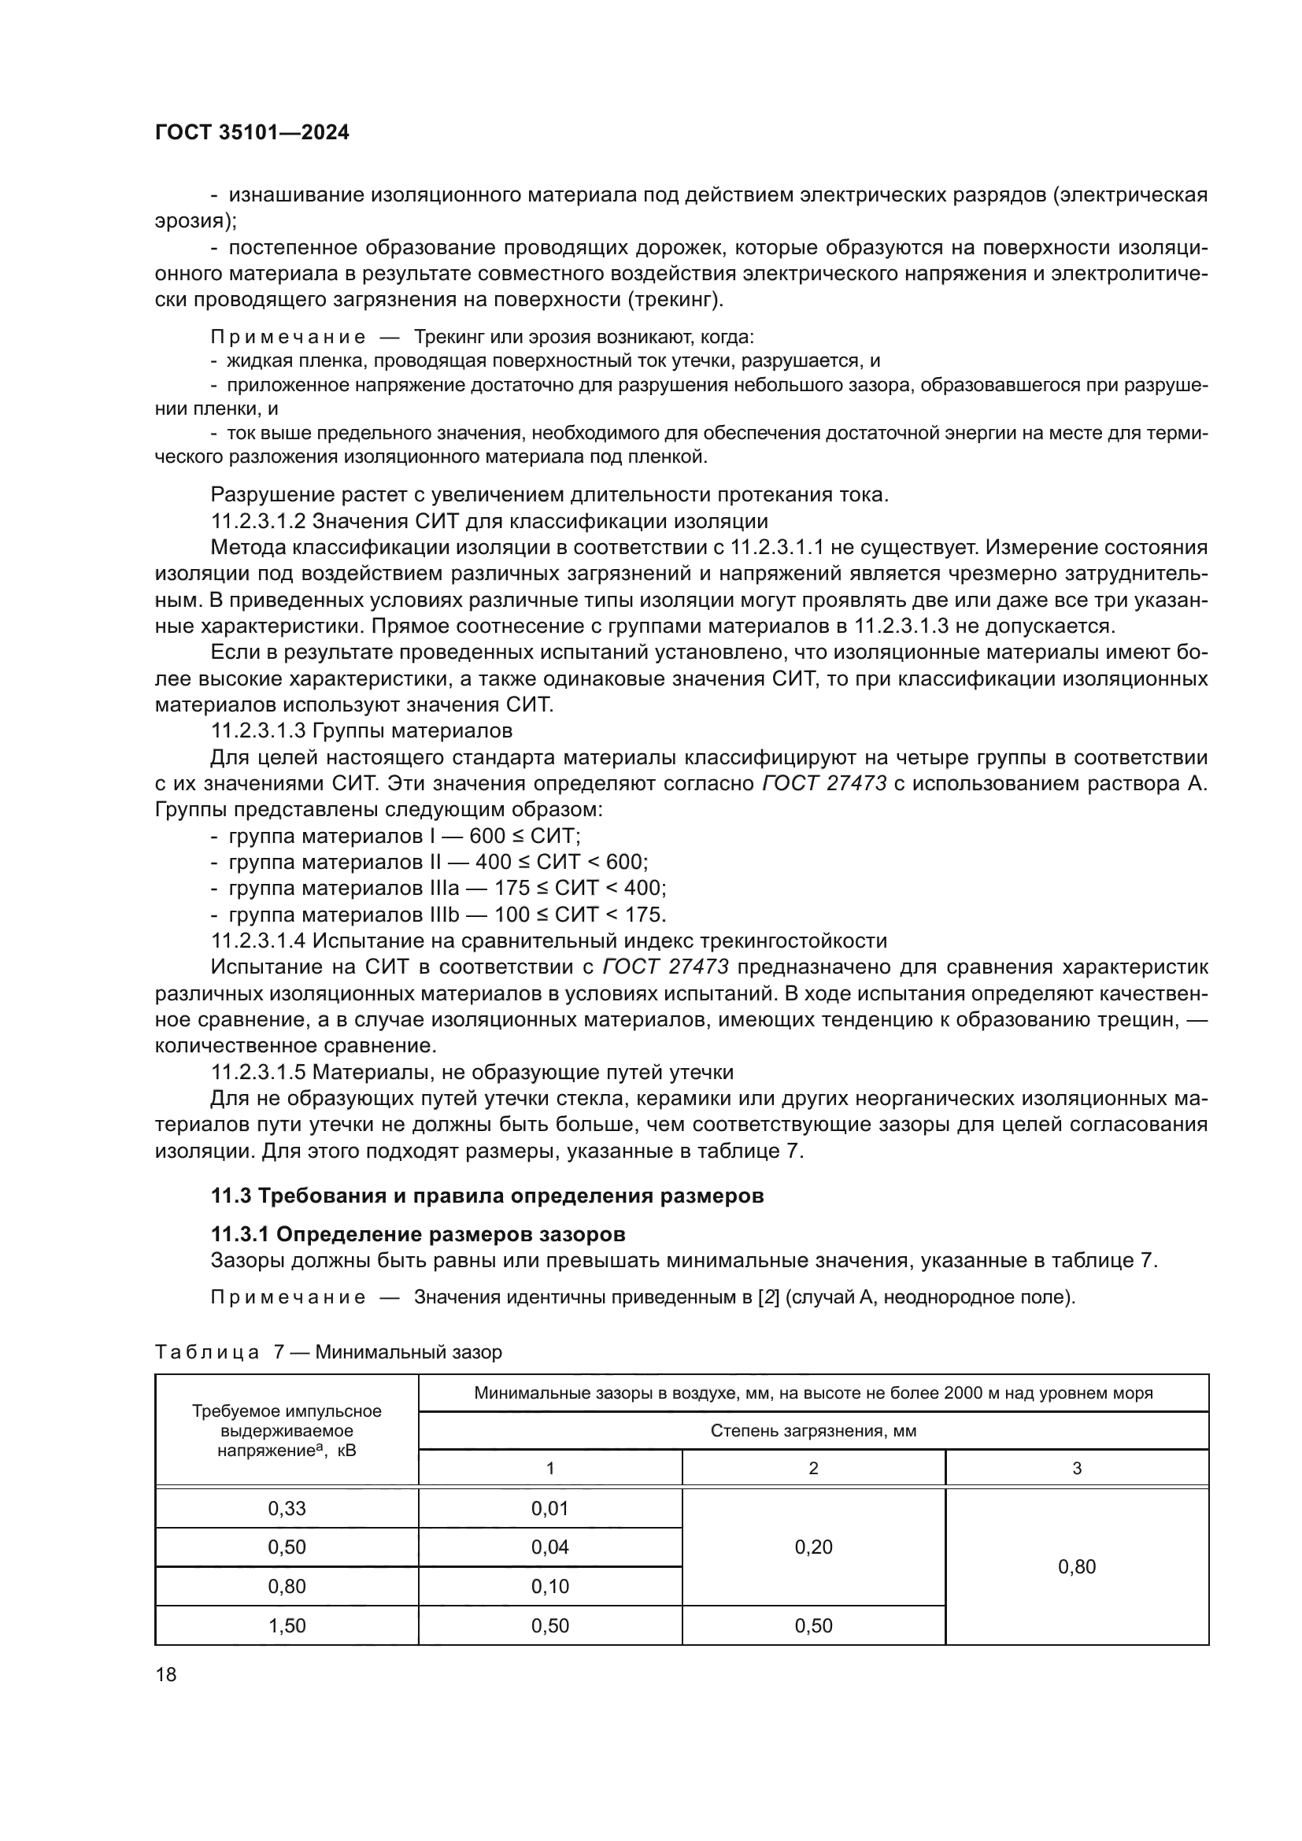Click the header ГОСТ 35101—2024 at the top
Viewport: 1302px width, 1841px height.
[x=252, y=133]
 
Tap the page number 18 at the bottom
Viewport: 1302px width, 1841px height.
[x=166, y=1674]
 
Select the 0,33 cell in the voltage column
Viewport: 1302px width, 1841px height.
[x=287, y=1508]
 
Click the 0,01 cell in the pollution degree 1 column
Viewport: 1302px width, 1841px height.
[x=550, y=1508]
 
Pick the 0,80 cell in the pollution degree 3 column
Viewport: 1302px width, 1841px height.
[x=1077, y=1567]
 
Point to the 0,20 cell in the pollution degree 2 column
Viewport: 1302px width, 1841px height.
[x=814, y=1547]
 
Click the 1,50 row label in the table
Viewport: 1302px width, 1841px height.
[x=287, y=1625]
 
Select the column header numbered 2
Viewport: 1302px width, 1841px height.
[x=814, y=1468]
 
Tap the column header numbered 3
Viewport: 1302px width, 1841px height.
[x=1077, y=1468]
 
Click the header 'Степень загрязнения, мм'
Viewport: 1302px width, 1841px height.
[x=813, y=1431]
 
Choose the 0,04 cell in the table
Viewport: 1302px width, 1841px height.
[x=550, y=1547]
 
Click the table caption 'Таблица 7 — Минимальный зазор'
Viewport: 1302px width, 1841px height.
[x=329, y=1353]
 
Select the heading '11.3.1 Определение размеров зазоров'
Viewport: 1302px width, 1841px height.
[x=418, y=1234]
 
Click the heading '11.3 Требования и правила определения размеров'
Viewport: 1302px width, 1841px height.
[x=486, y=1196]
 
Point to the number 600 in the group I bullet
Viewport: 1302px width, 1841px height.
[x=487, y=837]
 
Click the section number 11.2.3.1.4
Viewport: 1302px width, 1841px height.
[x=258, y=941]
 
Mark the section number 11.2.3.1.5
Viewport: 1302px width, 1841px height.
[x=258, y=1072]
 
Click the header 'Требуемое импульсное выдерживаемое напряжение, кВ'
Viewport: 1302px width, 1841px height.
[x=287, y=1430]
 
